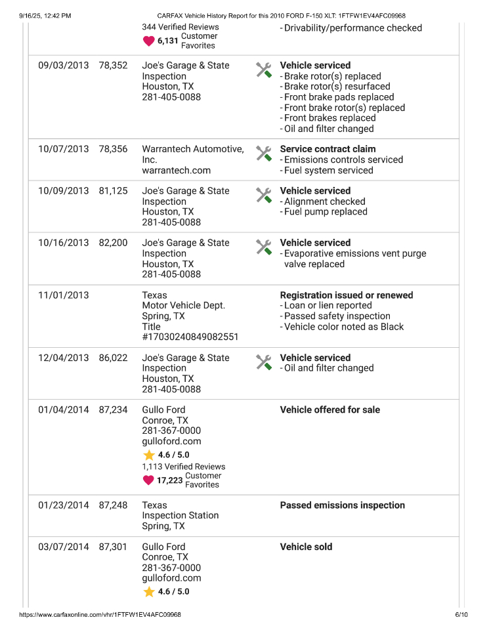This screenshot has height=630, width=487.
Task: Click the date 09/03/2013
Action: click(63, 66)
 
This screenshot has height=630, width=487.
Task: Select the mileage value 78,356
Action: click(113, 149)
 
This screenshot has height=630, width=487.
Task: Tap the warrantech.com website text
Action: click(176, 170)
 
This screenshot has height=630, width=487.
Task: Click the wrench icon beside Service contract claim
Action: click(263, 154)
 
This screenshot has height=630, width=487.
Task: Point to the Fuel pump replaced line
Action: click(326, 212)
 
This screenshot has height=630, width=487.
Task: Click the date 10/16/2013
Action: click(63, 243)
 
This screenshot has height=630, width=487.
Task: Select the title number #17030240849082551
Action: click(190, 337)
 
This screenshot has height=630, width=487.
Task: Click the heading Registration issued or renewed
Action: click(346, 295)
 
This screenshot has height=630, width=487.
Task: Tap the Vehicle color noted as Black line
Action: click(343, 327)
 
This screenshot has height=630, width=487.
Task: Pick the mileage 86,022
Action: click(113, 358)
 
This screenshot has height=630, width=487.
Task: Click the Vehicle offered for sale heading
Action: click(329, 409)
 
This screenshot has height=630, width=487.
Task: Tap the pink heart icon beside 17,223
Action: click(148, 480)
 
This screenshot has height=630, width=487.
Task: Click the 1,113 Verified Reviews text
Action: click(183, 467)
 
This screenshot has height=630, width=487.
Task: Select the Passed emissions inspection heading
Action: click(342, 505)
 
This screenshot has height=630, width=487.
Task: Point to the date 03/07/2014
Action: click(63, 547)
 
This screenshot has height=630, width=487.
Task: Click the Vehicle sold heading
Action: click(306, 547)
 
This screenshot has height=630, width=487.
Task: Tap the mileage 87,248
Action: click(113, 505)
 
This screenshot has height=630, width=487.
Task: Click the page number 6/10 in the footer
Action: click(461, 615)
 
